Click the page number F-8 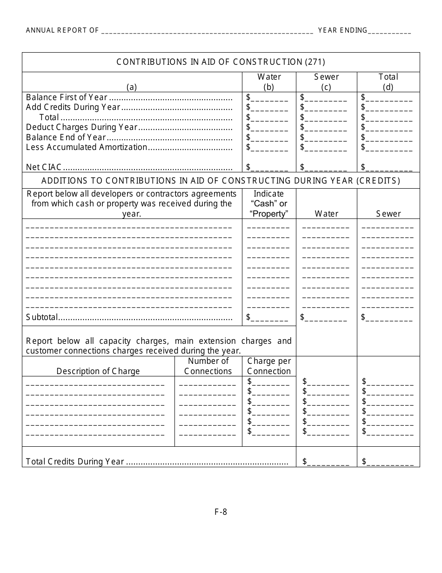[x=221, y=512]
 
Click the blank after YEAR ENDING [x=389, y=31]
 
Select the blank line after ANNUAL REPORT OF [x=207, y=31]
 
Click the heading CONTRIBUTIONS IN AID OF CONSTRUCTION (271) [x=221, y=62]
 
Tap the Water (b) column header [x=269, y=82]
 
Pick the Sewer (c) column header [x=326, y=82]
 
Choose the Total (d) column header [x=388, y=82]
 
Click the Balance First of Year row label [x=67, y=97]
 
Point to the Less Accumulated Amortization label [x=87, y=147]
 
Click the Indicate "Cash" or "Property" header [x=268, y=204]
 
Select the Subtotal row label [x=42, y=318]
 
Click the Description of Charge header [x=98, y=371]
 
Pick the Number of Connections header [x=208, y=366]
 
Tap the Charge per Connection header [x=269, y=366]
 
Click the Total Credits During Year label [x=75, y=462]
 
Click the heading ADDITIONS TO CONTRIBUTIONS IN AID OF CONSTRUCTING [x=221, y=181]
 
